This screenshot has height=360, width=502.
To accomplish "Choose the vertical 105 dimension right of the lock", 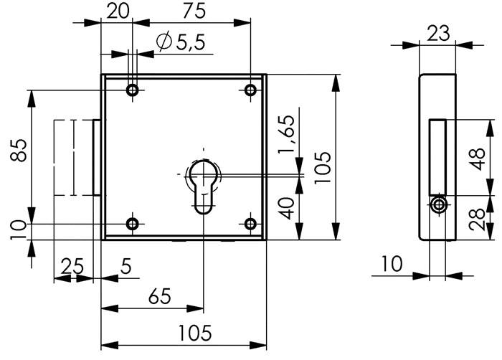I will pos(323,166).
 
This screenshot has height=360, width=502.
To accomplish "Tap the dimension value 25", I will pos(71,266).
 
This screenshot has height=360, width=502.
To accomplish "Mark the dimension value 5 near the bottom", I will pos(126,266).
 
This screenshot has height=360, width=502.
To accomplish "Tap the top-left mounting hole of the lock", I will pos(132,90).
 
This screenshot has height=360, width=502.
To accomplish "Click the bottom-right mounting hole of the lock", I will pos(250,224).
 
